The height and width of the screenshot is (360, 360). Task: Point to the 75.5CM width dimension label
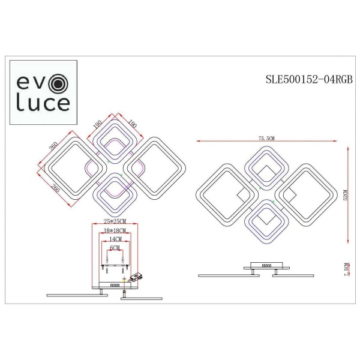[x=265, y=139]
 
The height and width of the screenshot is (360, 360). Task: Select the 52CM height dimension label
[x=345, y=196]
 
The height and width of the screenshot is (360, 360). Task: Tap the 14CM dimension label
[x=113, y=239]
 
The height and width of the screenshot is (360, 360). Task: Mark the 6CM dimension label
[x=115, y=247]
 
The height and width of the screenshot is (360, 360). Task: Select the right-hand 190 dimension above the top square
[x=132, y=124]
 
